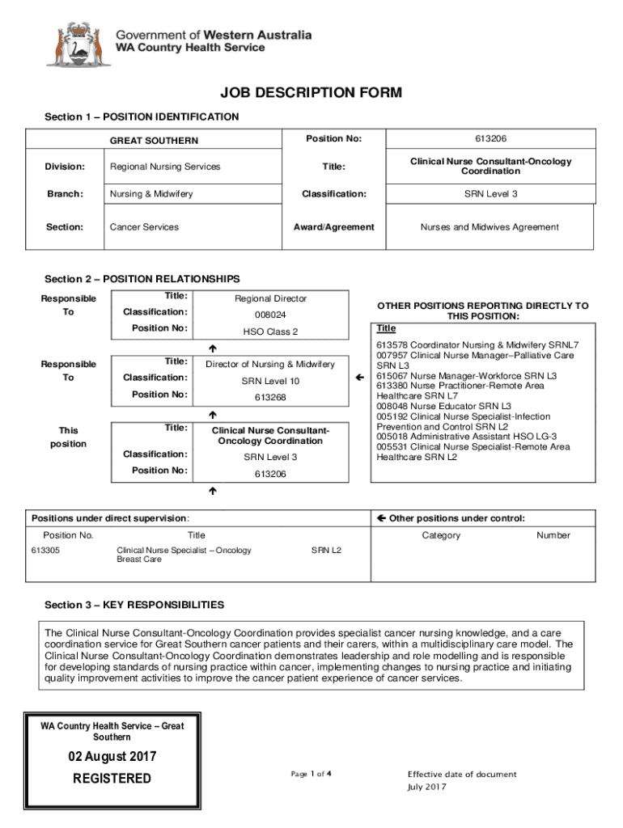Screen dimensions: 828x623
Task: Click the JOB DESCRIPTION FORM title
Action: click(311, 94)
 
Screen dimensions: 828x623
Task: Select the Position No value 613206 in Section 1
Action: click(491, 139)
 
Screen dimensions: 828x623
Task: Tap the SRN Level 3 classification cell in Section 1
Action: click(491, 194)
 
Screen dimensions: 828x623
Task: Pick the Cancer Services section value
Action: click(144, 227)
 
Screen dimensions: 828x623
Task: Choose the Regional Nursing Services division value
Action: click(165, 167)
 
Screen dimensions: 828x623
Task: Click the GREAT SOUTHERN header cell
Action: click(154, 141)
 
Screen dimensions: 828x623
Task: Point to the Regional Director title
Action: click(271, 298)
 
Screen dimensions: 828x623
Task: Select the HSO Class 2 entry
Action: click(271, 332)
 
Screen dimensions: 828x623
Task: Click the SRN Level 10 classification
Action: click(271, 381)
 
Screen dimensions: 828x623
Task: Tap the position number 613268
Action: click(271, 398)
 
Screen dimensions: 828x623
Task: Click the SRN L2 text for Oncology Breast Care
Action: click(326, 551)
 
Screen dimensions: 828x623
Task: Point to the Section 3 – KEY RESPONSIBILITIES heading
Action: click(134, 605)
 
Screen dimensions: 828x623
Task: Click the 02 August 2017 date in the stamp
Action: click(112, 758)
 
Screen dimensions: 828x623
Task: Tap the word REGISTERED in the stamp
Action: click(112, 779)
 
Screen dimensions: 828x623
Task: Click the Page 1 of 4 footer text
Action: click(311, 774)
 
